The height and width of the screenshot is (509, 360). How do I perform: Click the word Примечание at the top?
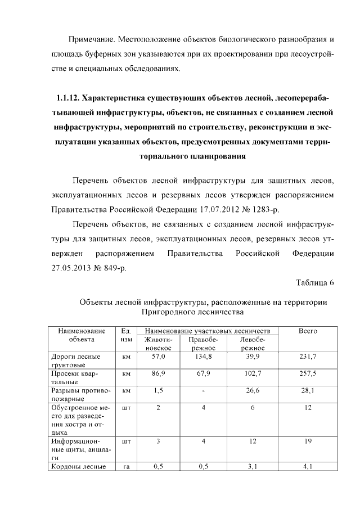point(91,40)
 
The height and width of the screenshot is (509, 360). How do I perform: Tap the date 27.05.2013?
point(72,268)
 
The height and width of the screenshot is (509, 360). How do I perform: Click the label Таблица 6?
point(314,283)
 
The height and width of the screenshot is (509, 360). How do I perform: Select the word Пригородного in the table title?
point(166,310)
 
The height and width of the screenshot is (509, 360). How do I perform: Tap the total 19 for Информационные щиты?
point(308,442)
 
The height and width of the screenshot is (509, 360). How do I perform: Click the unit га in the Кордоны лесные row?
point(126,466)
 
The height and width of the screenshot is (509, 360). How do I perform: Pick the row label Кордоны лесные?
point(75,466)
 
